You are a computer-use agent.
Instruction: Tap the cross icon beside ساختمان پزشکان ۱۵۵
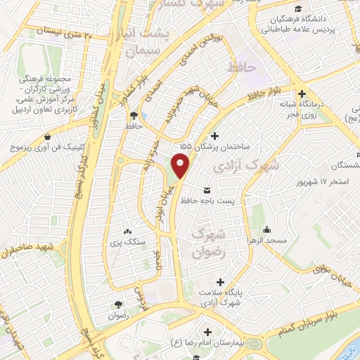(x=214, y=135)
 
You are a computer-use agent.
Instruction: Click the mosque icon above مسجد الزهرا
(x=266, y=229)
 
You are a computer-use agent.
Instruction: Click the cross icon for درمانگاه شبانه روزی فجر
(x=302, y=94)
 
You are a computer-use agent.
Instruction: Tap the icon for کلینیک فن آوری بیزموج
(x=46, y=137)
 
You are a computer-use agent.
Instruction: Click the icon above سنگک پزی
(x=127, y=231)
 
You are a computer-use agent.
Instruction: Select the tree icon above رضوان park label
(x=117, y=305)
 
